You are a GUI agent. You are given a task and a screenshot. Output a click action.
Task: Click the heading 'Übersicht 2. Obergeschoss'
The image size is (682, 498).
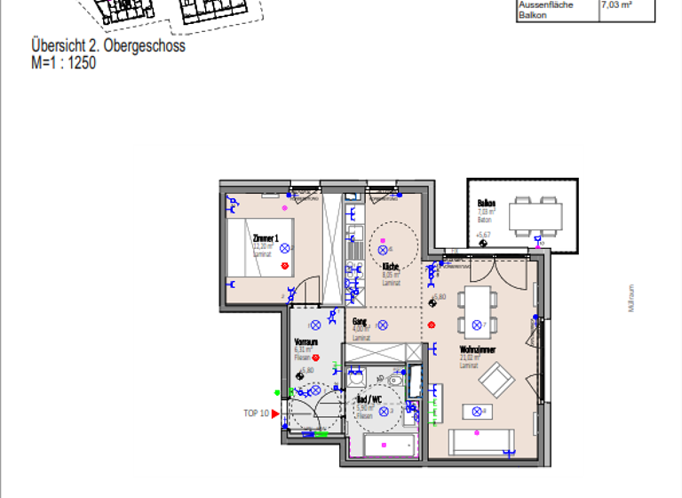pyautogui.click(x=107, y=46)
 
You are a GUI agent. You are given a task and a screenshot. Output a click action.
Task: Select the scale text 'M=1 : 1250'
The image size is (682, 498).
pyautogui.click(x=63, y=63)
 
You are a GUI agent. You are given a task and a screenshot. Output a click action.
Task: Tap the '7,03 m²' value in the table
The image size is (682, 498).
pyautogui.click(x=616, y=5)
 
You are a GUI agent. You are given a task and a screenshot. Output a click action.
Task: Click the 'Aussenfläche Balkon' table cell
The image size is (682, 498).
pyautogui.click(x=545, y=10)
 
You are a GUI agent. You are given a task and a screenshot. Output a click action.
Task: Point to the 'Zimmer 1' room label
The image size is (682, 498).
pyautogui.click(x=266, y=238)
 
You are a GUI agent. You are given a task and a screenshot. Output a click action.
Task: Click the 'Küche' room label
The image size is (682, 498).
pyautogui.click(x=391, y=267)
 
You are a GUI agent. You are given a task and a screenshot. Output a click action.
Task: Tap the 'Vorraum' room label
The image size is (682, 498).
pyautogui.click(x=306, y=341)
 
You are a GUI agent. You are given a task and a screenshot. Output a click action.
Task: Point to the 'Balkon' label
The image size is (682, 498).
pyautogui.click(x=486, y=203)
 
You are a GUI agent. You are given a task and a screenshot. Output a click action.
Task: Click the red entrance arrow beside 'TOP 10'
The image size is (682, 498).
pyautogui.click(x=275, y=413)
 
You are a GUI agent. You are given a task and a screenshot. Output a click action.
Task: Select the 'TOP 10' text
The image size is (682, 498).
pyautogui.click(x=256, y=413)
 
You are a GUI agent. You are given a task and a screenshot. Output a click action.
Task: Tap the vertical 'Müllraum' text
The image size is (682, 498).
pyautogui.click(x=631, y=299)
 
